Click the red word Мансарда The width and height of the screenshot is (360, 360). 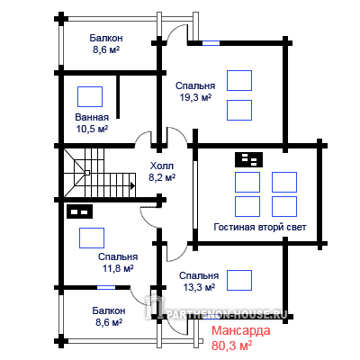click(x=241, y=330)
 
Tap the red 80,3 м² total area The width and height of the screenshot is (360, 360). click(x=231, y=346)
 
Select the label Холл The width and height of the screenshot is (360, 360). click(x=162, y=166)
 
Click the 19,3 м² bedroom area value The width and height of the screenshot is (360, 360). click(x=195, y=97)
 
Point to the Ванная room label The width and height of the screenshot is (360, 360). click(x=92, y=117)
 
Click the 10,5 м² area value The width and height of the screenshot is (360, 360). click(x=92, y=129)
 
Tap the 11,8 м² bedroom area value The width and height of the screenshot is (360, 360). click(x=118, y=268)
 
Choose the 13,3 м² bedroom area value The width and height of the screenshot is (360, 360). click(x=199, y=287)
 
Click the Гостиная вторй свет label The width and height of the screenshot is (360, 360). click(x=260, y=227)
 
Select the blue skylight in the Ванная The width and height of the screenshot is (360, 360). click(x=90, y=96)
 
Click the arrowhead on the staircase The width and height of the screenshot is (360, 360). click(x=132, y=185)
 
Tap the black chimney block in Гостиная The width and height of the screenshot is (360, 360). click(x=249, y=159)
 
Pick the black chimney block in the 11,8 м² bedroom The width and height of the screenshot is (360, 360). click(x=79, y=211)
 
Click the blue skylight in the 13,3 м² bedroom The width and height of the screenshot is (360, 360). click(x=239, y=281)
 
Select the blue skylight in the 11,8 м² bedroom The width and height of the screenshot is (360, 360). click(x=92, y=238)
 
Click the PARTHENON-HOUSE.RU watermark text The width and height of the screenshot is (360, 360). click(x=227, y=314)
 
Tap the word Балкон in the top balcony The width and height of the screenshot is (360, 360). click(x=106, y=38)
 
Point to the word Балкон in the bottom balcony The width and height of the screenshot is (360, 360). click(x=109, y=310)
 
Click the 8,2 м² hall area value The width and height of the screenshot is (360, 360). click(x=162, y=177)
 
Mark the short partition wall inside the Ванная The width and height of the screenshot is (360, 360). click(x=118, y=96)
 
